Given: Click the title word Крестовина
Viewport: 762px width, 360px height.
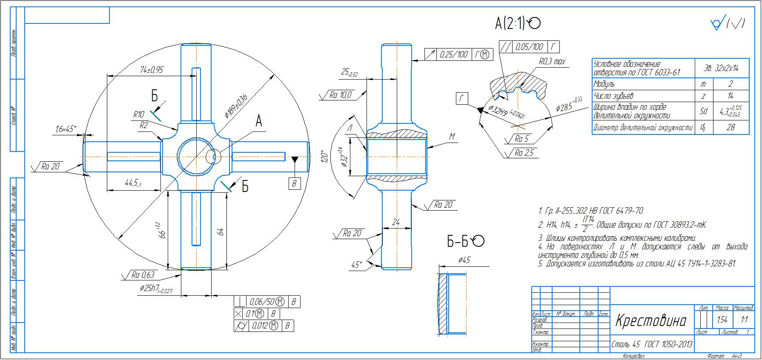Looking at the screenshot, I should pos(651,321).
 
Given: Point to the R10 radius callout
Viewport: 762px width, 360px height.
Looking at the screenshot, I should pos(139,114).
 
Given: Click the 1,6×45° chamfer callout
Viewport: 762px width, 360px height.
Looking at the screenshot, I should pos(66,128).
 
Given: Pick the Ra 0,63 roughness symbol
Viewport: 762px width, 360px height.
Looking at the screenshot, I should pos(142,275).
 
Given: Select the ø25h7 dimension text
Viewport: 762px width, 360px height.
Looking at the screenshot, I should pos(156,289).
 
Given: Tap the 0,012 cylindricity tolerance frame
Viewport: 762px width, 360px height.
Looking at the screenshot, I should pos(264,326).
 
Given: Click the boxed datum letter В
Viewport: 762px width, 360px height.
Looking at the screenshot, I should pos(294,183).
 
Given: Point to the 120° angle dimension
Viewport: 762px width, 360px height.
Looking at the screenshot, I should pos(325,157).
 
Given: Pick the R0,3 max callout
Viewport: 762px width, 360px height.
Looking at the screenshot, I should pos(552,62).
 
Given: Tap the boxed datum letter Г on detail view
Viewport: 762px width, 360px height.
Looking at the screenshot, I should pos(461,99).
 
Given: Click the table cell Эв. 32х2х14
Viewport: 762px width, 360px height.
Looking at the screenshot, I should pos(722,68).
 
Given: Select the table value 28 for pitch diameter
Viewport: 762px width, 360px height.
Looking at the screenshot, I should pos(730,127).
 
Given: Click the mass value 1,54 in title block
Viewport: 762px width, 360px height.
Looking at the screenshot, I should pos(722,320).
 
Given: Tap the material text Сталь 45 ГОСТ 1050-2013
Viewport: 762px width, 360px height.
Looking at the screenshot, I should pos(652,344).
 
